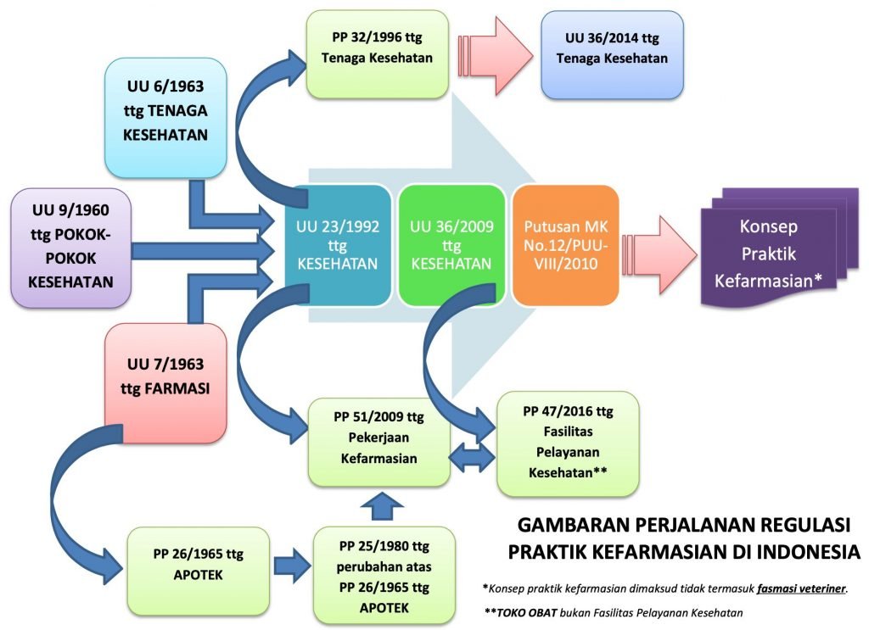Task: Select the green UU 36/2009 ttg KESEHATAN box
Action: [451, 245]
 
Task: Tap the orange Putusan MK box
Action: [565, 245]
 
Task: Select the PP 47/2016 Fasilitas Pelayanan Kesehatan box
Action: [568, 442]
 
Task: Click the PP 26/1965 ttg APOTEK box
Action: [198, 564]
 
